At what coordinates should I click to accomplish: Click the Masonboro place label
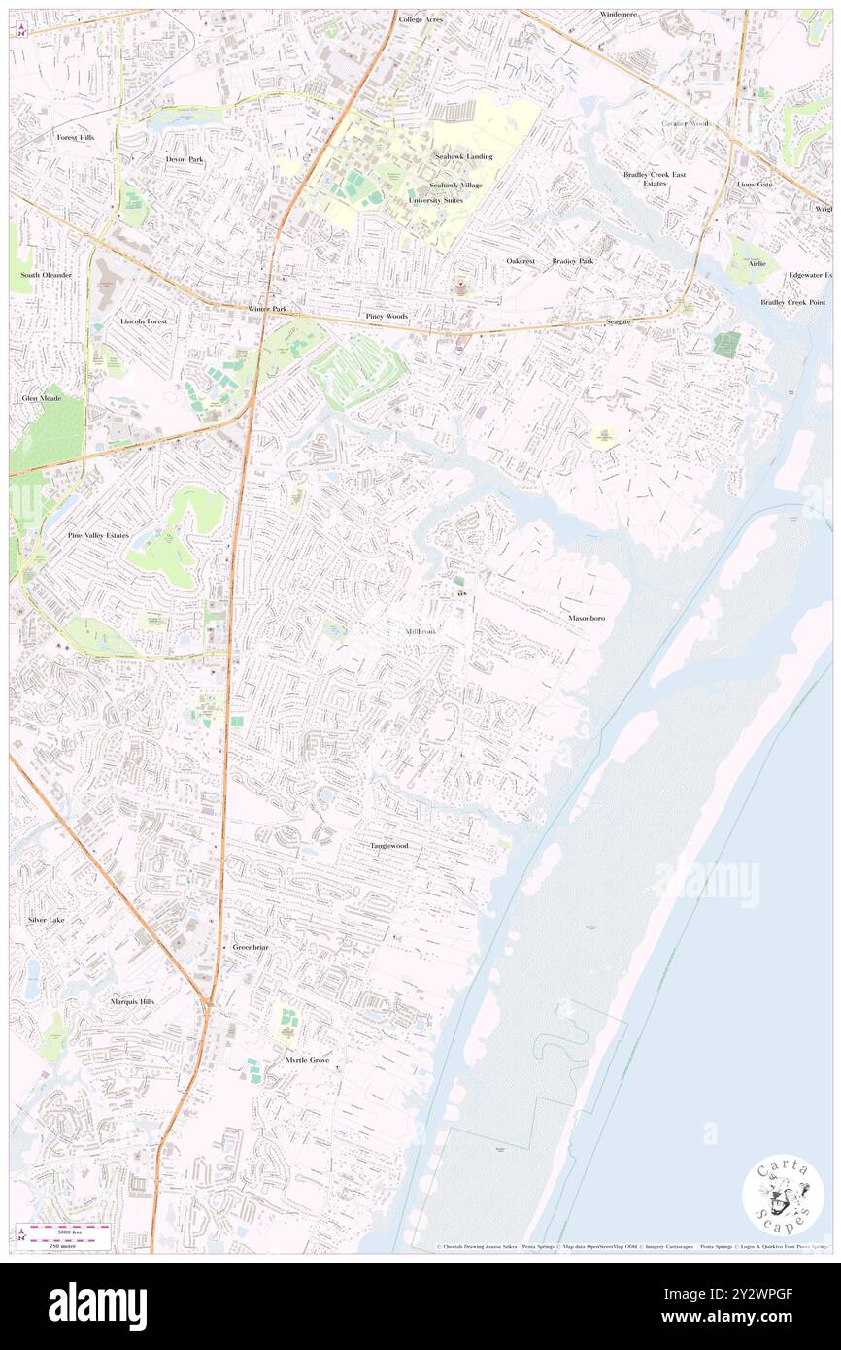point(588,618)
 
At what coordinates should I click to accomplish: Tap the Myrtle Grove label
point(308,1059)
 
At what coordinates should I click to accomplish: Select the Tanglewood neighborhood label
point(388,846)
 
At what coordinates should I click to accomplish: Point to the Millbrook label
point(420,632)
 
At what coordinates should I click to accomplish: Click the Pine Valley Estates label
point(97,535)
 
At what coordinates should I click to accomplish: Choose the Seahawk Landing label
point(463,156)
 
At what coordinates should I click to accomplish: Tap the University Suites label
point(435,200)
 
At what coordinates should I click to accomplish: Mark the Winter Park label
point(267,310)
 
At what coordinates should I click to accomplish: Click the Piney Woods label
point(387,317)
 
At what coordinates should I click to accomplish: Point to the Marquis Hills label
point(132,1001)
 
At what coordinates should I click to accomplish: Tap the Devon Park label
point(185,159)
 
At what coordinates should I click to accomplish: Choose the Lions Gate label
point(754,184)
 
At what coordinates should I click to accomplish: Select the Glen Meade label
point(42,398)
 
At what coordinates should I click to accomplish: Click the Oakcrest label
point(521,261)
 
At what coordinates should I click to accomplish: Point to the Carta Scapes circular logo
point(783,1195)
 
